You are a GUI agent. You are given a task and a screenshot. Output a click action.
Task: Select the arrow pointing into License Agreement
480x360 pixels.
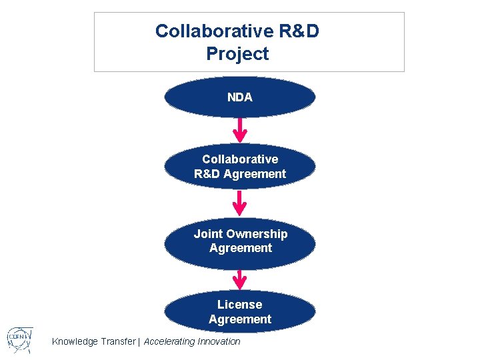click(x=240, y=279)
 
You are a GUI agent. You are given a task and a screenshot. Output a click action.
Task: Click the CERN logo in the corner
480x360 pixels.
click(x=17, y=340)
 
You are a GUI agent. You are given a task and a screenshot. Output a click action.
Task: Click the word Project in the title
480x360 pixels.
click(x=237, y=53)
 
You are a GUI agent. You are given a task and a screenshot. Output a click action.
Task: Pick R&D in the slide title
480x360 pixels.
click(x=293, y=31)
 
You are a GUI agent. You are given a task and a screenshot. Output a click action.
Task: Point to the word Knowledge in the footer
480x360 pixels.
click(x=75, y=341)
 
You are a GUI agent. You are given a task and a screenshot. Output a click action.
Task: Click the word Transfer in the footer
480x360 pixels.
click(x=117, y=341)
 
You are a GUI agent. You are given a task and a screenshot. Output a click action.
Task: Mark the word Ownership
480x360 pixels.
click(x=257, y=234)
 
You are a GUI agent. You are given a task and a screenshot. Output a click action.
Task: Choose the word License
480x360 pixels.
click(x=240, y=305)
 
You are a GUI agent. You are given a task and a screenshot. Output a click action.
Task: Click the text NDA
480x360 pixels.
click(x=240, y=97)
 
